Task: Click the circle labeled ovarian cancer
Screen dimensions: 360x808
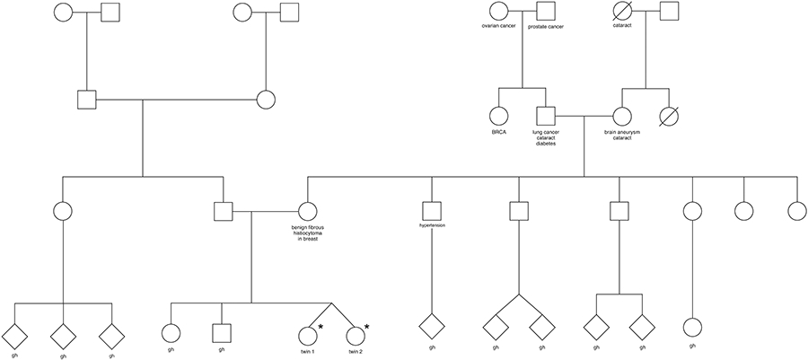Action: [x=500, y=12]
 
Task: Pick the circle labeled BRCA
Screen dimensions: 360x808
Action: [x=499, y=116]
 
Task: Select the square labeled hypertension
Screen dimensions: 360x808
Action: [x=433, y=212]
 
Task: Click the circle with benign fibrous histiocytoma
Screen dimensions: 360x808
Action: [x=307, y=212]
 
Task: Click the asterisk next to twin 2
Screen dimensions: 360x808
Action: [x=366, y=328]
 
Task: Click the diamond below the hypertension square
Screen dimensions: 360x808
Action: [x=433, y=326]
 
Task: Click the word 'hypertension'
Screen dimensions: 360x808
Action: [x=433, y=225]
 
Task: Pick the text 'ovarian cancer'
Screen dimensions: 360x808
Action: [x=500, y=27]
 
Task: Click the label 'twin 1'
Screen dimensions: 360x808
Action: [x=307, y=351]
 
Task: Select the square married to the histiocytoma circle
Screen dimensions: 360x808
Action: [x=224, y=212]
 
